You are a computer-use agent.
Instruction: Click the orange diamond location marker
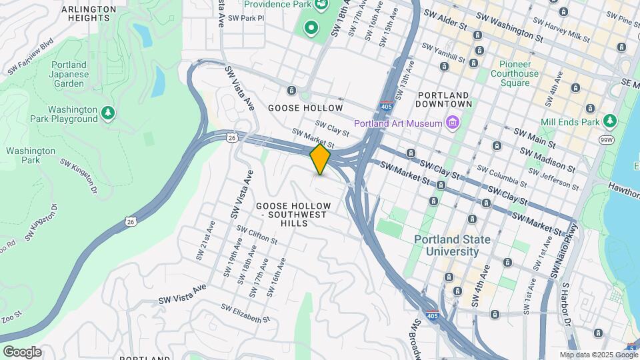tap(320, 159)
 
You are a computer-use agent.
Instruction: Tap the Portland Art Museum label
tap(398, 123)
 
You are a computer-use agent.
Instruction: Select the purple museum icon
tap(453, 123)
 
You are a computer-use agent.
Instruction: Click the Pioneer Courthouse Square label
tap(515, 73)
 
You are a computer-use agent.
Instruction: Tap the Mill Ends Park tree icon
tap(609, 121)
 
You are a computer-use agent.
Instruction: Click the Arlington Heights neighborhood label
tap(89, 13)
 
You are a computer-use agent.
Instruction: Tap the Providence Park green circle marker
tap(310, 28)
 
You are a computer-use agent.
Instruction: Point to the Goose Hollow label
tap(305, 108)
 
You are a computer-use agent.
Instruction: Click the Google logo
tap(22, 351)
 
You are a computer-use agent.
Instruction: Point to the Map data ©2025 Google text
tap(599, 355)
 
